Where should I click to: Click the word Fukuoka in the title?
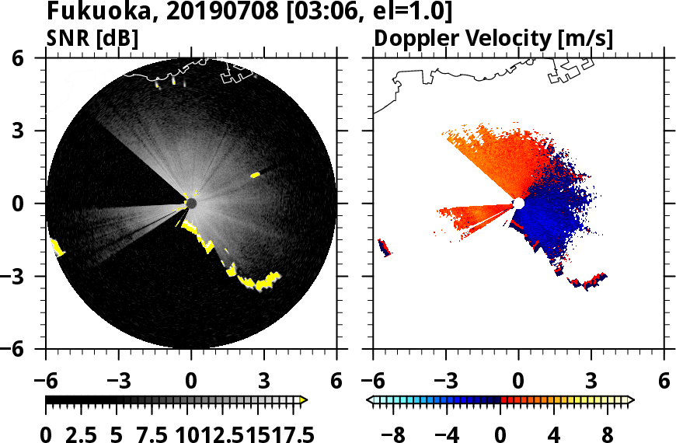(89, 12)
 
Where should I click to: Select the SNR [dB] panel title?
(92, 38)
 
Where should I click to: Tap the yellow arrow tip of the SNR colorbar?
(304, 399)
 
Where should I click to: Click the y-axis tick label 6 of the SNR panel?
(18, 58)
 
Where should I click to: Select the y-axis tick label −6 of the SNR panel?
(13, 349)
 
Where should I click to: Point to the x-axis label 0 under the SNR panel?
(191, 381)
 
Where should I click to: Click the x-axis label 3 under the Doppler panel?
(591, 381)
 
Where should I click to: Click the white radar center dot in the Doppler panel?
(518, 204)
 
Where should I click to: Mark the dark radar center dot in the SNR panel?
(191, 204)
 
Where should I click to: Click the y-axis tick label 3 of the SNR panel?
(18, 131)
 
